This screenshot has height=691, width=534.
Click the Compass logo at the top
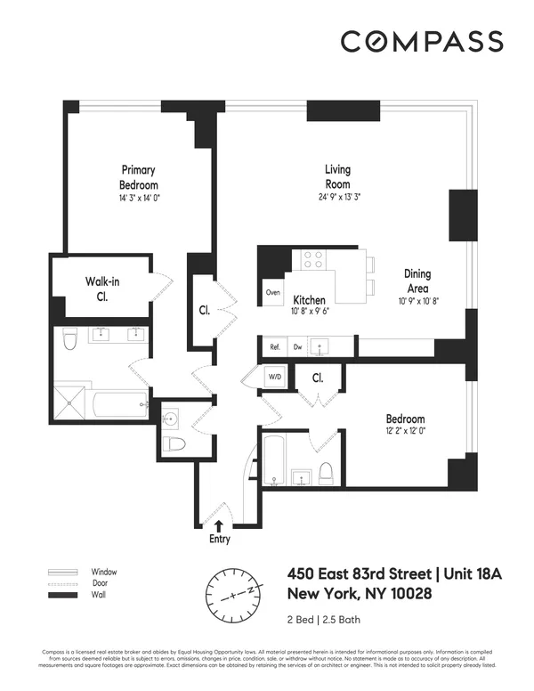[x=422, y=41]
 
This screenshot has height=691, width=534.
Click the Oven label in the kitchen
[x=273, y=292]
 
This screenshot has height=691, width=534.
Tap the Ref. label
[x=275, y=345]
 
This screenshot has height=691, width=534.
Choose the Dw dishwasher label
[x=299, y=345]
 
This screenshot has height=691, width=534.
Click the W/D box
[x=274, y=378]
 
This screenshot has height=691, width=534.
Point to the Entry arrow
[x=220, y=524]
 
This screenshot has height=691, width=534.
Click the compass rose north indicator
[x=252, y=589]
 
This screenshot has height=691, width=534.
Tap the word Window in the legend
[x=104, y=572]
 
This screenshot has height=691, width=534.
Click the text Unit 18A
[x=469, y=574]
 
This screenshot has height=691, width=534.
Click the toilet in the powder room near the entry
[x=176, y=444]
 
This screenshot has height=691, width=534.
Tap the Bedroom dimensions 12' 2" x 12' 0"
[x=405, y=434]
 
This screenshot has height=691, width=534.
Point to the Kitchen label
[x=309, y=300]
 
